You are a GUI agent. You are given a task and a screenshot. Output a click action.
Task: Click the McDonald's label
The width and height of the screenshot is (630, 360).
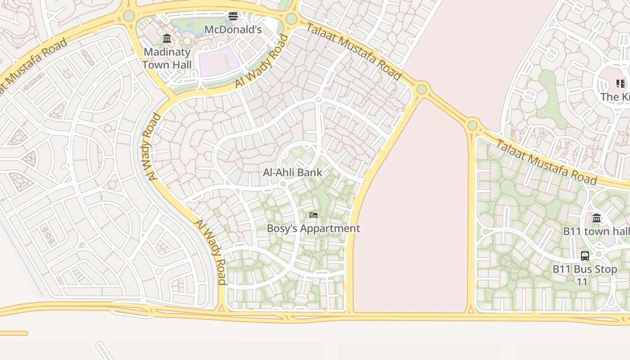pos(233,30)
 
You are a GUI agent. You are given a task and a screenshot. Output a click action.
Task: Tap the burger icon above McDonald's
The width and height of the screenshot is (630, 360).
pos(233,17)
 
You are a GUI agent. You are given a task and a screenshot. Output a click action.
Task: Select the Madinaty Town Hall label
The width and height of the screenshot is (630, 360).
pos(167,58)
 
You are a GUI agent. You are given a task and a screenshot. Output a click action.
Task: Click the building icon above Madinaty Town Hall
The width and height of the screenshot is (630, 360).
pos(167,38)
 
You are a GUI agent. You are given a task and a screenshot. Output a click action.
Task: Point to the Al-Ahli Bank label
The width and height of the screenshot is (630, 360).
pos(292,172)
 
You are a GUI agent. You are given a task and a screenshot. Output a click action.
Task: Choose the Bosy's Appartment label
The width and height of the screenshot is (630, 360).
pos(313,228)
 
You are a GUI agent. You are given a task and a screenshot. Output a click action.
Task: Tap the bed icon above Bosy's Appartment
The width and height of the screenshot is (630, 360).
pos(314,215)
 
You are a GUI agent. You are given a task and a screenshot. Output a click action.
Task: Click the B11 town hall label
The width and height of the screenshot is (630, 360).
pos(596,231)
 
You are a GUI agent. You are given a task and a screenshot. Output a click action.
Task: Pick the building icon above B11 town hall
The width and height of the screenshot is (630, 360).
pos(597,218)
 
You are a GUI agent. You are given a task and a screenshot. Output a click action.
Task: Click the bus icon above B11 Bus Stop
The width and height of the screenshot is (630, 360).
pos(585,256)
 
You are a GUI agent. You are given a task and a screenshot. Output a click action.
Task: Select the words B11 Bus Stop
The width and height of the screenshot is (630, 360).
pos(585,269)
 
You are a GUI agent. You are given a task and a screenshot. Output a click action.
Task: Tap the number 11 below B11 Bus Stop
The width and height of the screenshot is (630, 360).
pos(582,282)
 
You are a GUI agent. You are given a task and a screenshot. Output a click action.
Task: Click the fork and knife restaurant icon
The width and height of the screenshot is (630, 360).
pos(621,84)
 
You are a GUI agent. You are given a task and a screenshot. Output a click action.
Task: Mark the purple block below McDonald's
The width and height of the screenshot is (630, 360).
pos(218,62)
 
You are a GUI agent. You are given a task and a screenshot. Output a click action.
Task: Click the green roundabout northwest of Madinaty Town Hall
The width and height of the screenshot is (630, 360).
pos(129,16)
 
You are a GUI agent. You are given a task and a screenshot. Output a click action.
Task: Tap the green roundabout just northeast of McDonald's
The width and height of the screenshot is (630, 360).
pos(291,19)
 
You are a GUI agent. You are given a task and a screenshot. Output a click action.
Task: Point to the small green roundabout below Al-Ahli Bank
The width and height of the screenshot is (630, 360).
pos(283,184)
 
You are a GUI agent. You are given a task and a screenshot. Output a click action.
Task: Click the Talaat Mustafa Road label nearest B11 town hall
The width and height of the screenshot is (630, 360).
pos(546,162)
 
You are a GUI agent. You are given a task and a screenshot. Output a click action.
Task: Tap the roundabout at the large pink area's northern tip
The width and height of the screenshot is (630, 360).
pos(422,89)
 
